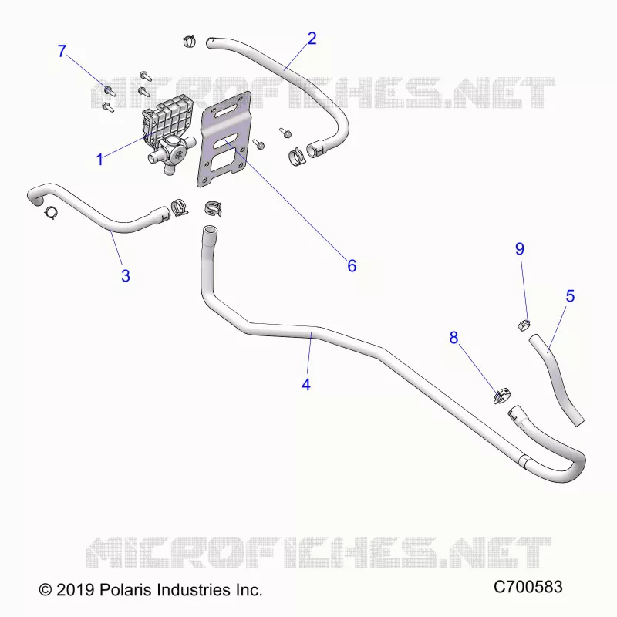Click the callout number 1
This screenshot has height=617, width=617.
pos(100,160)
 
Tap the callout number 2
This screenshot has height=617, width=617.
pos(312,39)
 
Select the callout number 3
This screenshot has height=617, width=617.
pos(126,276)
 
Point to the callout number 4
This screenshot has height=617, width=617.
pos(306,384)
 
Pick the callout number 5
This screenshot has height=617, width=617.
pos(570,296)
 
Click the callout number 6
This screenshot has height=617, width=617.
pos(352,266)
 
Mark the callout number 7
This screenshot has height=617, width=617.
pos(62,51)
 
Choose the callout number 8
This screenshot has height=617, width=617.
pos(453,338)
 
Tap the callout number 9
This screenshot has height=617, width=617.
pos(520,248)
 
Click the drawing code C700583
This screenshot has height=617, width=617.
pos(528,587)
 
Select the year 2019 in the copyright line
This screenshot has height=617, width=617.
pos(75,590)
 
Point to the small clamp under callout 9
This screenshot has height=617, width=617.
pos(524,325)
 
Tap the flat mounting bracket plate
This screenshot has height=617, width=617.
pos(224,139)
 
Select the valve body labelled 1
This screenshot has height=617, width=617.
pos(169,135)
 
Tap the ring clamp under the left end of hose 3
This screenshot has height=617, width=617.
pos(52,213)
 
